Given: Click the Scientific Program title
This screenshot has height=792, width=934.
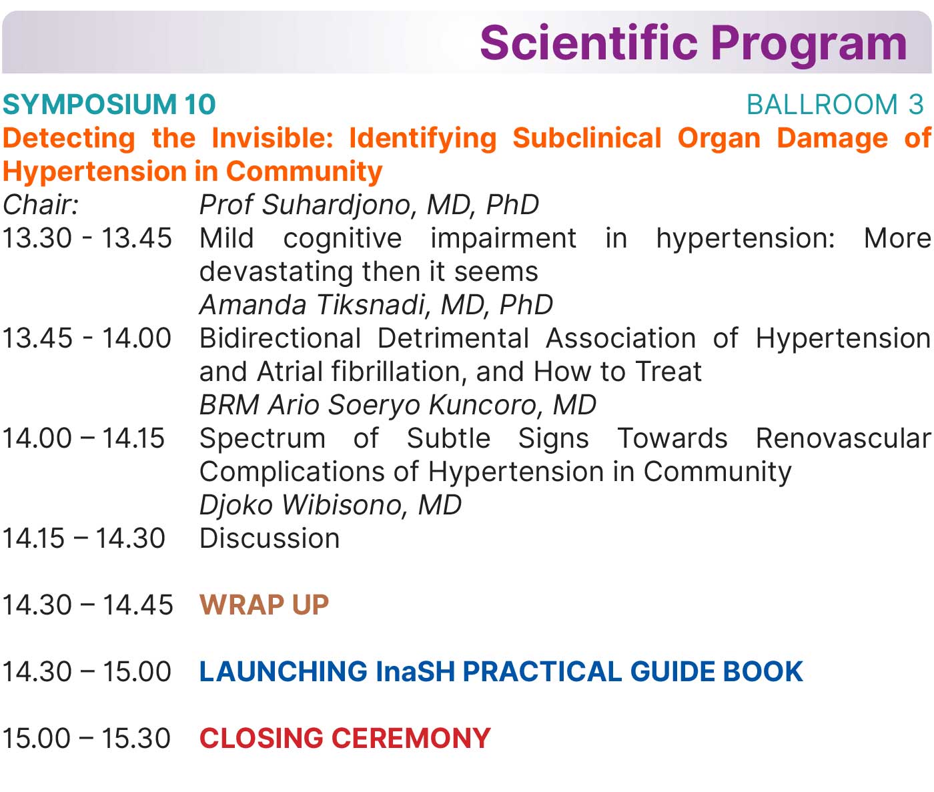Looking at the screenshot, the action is (x=693, y=44).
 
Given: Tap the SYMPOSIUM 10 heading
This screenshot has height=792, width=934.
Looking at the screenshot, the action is (x=109, y=105).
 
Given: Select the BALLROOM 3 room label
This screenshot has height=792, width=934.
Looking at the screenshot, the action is (x=835, y=105).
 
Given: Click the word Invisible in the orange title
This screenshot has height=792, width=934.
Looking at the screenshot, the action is (x=272, y=138).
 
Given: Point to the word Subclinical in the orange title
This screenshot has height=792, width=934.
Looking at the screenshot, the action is (x=587, y=138).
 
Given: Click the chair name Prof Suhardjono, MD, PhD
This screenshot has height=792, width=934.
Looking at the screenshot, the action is (x=369, y=205).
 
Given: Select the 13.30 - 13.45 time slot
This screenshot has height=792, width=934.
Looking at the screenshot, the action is (x=87, y=238).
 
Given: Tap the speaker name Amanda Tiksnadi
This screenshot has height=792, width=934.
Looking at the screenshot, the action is (x=313, y=305).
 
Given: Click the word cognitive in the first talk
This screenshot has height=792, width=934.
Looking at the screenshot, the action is (x=342, y=239).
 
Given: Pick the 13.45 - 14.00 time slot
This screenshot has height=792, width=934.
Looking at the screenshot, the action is (x=87, y=338).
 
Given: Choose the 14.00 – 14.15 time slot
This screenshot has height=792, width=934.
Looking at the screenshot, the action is (x=83, y=438).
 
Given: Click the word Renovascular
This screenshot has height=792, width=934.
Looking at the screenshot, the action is (x=843, y=438).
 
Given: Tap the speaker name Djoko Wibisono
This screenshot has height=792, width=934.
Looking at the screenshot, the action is (x=300, y=505).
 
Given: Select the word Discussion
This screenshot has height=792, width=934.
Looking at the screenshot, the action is (x=270, y=538).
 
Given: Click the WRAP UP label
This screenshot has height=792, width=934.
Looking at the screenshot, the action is (x=264, y=605).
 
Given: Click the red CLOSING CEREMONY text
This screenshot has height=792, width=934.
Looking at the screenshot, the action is (x=345, y=739).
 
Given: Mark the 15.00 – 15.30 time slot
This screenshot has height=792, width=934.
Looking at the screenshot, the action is (x=87, y=739).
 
